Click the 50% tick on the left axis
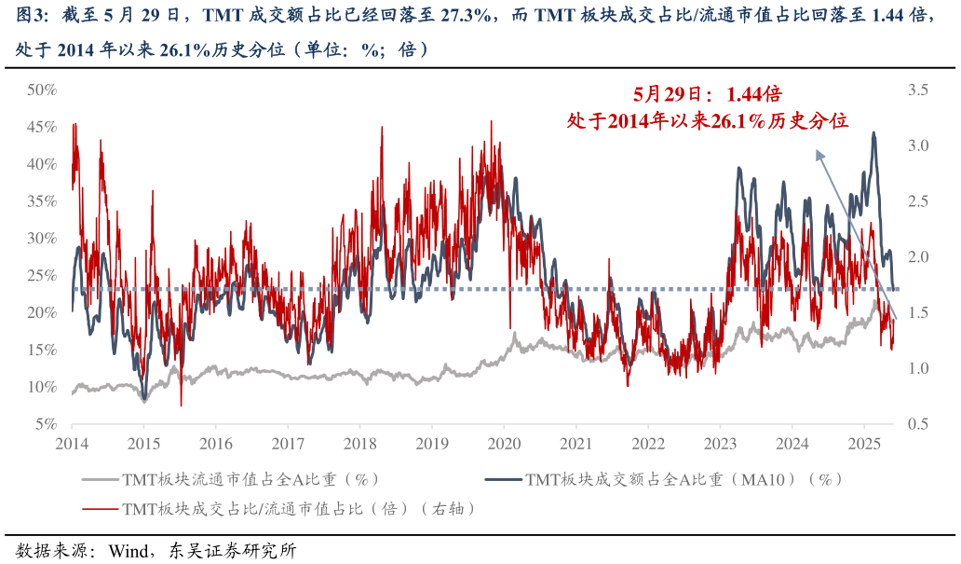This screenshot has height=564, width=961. point(43,89)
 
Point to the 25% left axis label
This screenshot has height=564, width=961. point(43,275)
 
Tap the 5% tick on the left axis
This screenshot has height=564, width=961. point(47,423)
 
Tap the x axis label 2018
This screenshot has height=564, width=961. point(359,444)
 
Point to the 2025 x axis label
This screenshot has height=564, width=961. point(864,444)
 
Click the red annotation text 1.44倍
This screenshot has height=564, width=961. point(753,94)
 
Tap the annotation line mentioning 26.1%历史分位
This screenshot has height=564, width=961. point(708,120)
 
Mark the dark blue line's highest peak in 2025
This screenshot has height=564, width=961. point(873,133)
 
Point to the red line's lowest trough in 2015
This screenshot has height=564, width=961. point(181,406)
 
